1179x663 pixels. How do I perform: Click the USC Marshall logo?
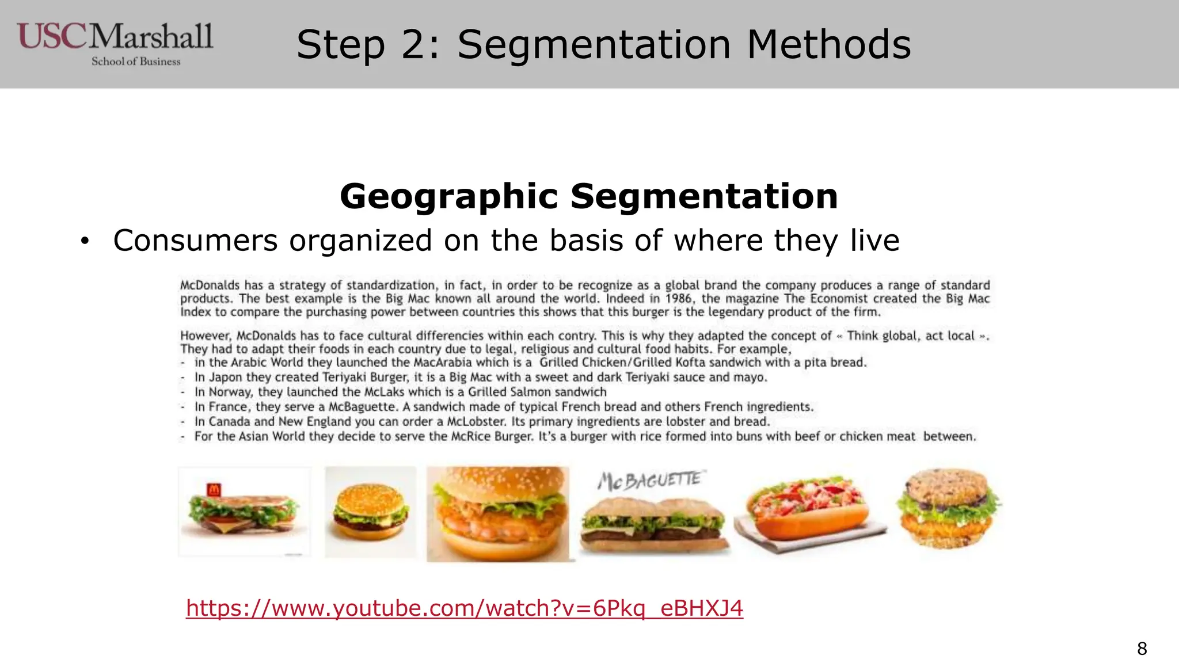click(115, 43)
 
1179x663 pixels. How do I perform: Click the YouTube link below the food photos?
click(464, 608)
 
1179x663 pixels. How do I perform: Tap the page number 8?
click(1142, 649)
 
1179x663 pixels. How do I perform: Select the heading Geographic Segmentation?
click(588, 196)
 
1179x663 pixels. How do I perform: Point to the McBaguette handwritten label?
click(649, 480)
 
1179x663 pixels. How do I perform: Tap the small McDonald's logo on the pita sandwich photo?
click(214, 490)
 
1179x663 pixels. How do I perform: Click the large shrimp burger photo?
click(498, 513)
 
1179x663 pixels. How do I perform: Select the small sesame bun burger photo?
click(370, 510)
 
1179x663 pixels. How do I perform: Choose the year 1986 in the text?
click(679, 299)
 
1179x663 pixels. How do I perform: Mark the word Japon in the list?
click(225, 378)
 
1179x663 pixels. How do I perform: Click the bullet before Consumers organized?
click(85, 242)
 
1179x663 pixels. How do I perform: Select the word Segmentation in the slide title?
click(594, 45)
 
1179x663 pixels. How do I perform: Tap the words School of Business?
click(136, 62)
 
